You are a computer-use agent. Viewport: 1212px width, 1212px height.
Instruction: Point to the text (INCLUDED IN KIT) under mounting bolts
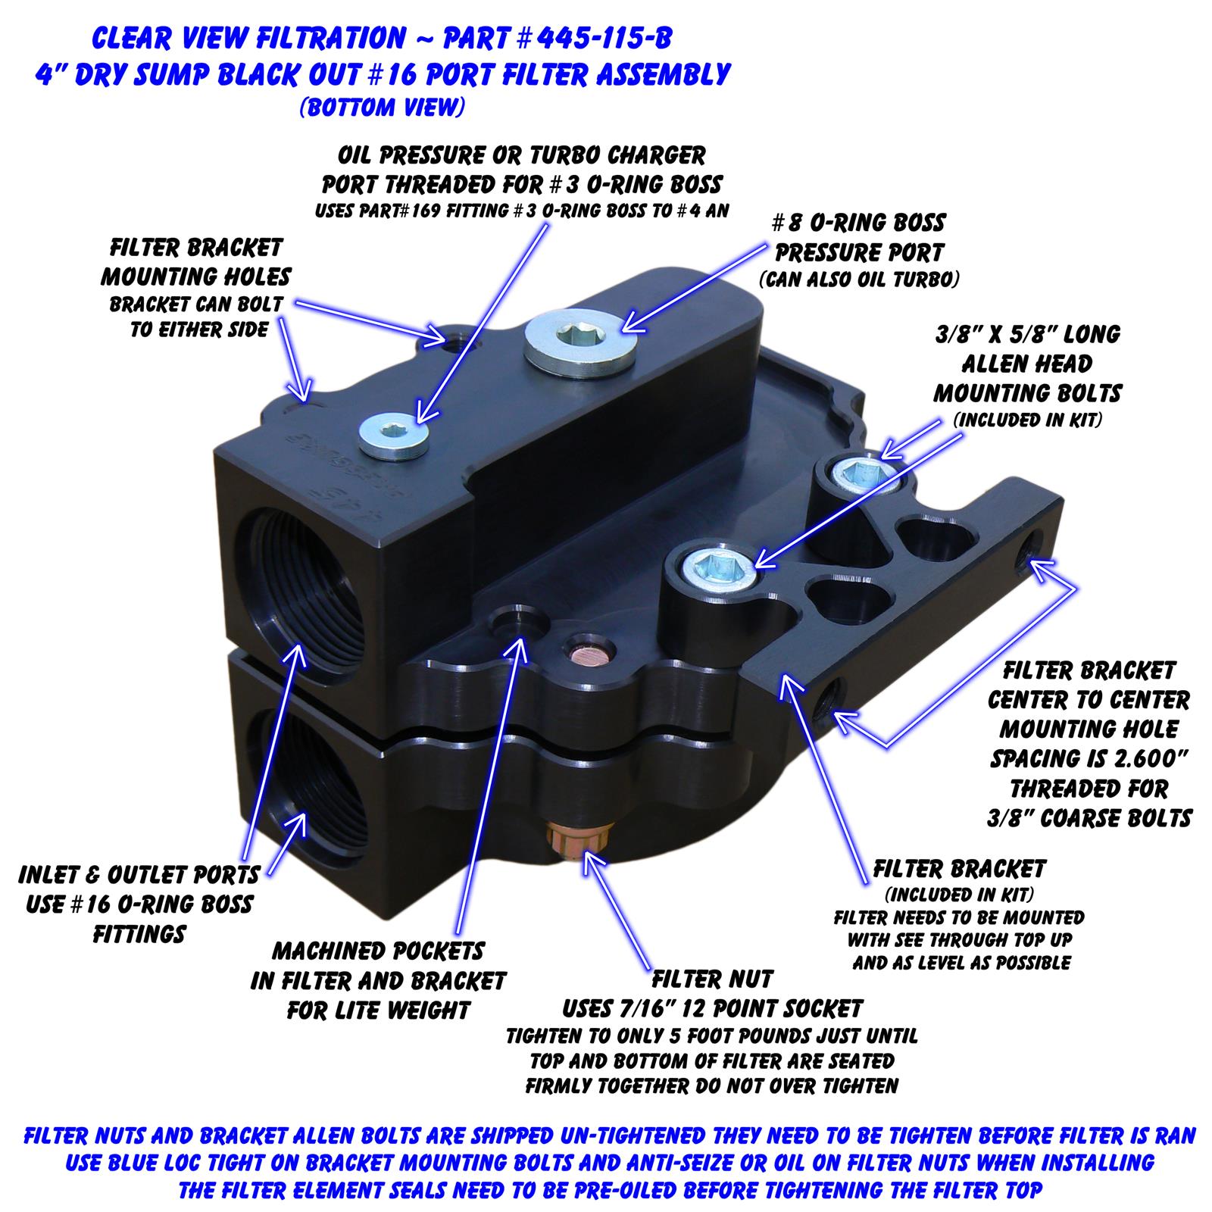click(1027, 420)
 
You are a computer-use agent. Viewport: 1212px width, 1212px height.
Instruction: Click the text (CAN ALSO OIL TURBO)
click(859, 279)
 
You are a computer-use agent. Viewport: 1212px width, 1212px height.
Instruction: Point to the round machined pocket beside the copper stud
click(518, 623)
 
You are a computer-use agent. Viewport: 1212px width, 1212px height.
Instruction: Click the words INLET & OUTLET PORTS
click(139, 875)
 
